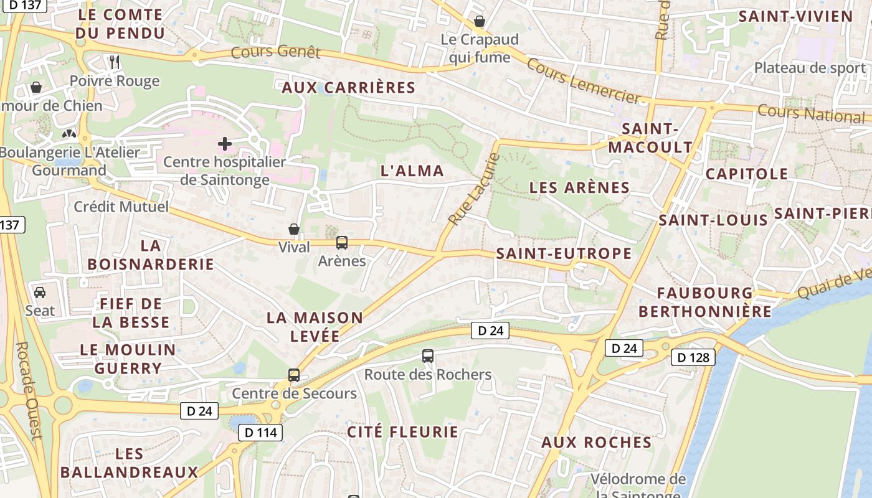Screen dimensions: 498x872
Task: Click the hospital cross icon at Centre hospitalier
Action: coord(225,144)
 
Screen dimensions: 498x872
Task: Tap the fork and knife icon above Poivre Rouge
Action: coord(115,62)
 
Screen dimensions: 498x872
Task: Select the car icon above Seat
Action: coord(40,292)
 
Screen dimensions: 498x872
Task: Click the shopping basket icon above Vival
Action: coord(294,229)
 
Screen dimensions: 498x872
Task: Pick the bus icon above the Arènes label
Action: coord(341,243)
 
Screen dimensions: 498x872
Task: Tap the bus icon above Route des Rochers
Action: coord(427,356)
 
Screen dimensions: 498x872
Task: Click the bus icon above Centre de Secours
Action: coord(294,375)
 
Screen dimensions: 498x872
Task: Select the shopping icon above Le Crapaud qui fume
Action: coord(480,21)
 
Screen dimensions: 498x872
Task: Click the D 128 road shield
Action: coord(693,357)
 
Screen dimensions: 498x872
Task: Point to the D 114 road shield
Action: coord(260,432)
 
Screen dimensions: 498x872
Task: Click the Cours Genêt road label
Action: coord(275,52)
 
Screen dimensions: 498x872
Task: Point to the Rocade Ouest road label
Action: coord(29,391)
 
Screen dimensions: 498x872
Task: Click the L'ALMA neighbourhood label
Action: coord(412,171)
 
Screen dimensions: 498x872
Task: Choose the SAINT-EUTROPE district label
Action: coord(564,253)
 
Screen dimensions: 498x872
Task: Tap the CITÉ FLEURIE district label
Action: coord(402,431)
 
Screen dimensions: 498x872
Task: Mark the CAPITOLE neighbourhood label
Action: coord(747,174)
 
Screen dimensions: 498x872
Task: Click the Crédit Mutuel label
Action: coord(121,207)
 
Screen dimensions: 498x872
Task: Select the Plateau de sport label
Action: coord(810,68)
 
